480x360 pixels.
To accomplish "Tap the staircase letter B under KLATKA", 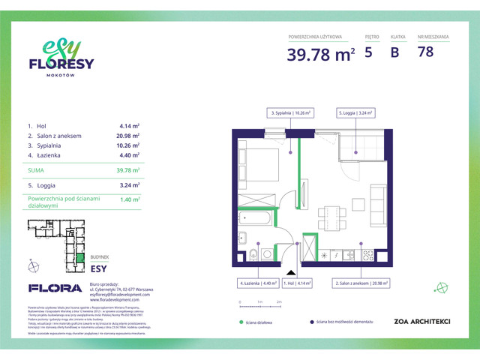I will point(394,52).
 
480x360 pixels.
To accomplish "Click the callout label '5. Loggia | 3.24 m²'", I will point(358,112).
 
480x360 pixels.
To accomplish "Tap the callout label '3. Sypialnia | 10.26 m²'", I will point(290,112).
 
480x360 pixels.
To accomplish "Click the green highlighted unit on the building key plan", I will point(79,259).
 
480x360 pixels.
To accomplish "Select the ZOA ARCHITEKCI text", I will point(421,322).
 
